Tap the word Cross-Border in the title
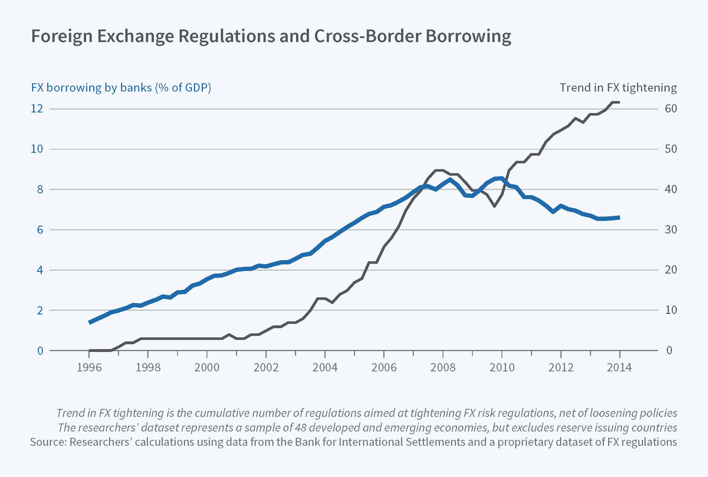pyautogui.click(x=367, y=36)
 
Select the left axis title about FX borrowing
pyautogui.click(x=121, y=88)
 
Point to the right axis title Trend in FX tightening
pyautogui.click(x=618, y=88)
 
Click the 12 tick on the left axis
pyautogui.click(x=37, y=109)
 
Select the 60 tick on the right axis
pyautogui.click(x=671, y=109)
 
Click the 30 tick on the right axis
pyautogui.click(x=671, y=230)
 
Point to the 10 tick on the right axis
pyautogui.click(x=671, y=310)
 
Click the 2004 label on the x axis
pyautogui.click(x=325, y=367)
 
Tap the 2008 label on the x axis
pyautogui.click(x=443, y=367)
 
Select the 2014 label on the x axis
pyautogui.click(x=619, y=367)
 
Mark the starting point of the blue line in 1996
pyautogui.click(x=90, y=322)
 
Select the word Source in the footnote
pyautogui.click(x=48, y=442)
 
